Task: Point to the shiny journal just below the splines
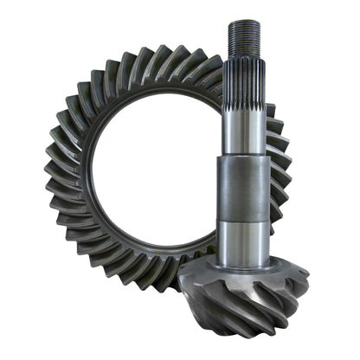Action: point(243,130)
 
